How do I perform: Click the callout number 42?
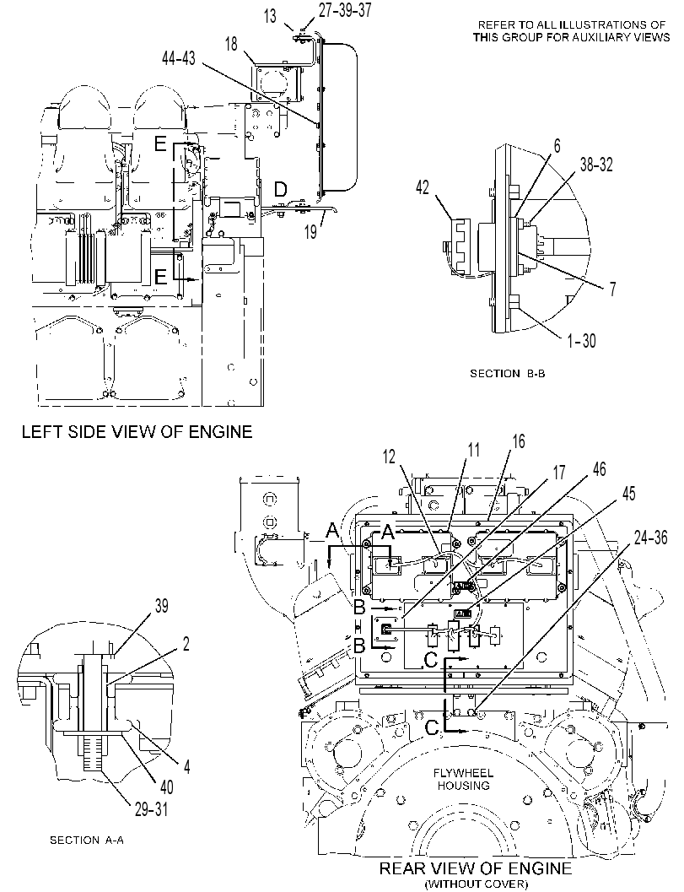[x=423, y=187]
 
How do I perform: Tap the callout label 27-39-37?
[x=345, y=10]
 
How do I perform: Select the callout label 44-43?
[x=179, y=58]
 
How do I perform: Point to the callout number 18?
[x=231, y=44]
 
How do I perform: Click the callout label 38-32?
[x=596, y=165]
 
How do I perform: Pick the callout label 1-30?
[x=581, y=340]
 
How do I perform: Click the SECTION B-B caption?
[x=507, y=374]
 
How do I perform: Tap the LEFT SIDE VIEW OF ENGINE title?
[x=137, y=432]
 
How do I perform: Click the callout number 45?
[x=628, y=493]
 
